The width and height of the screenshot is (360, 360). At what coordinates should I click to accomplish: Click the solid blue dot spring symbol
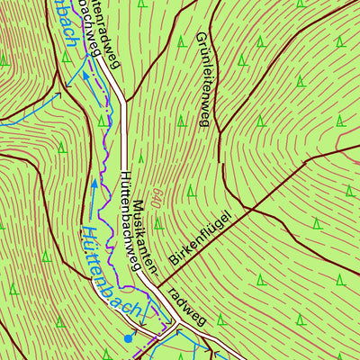[x=129, y=339]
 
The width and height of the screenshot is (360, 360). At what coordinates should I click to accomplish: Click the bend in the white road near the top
[x=118, y=90]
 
